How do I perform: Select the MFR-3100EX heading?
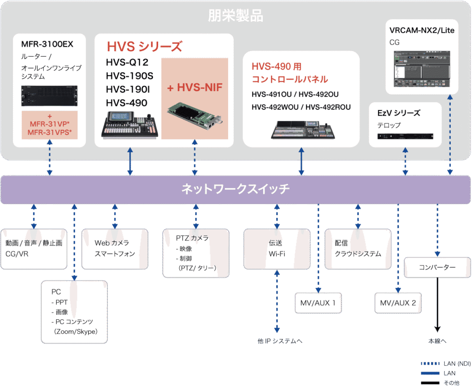(x=47, y=44)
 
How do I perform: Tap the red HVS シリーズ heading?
(x=144, y=47)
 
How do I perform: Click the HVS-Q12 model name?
(x=127, y=63)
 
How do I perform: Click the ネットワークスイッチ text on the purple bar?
(x=236, y=189)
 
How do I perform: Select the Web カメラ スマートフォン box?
(x=115, y=248)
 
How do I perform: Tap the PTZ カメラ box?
(x=196, y=252)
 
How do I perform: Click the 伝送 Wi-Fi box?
(x=277, y=248)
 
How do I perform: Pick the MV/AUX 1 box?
(x=319, y=303)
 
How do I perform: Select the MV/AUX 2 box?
(x=398, y=303)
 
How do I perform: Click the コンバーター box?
(x=437, y=268)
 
